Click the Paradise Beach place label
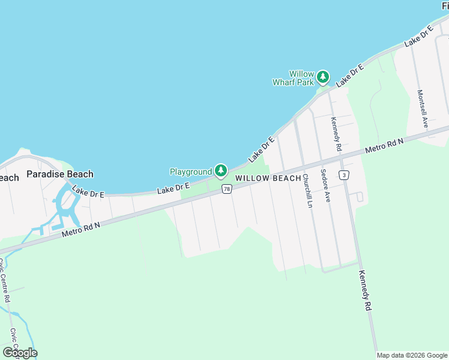click(60, 175)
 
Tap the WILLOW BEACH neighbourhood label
click(268, 178)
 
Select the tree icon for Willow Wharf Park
click(323, 77)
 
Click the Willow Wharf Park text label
click(294, 78)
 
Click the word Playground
click(191, 172)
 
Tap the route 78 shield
click(226, 189)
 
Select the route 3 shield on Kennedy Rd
click(343, 175)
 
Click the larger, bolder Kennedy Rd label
click(366, 290)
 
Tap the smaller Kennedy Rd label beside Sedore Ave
click(337, 133)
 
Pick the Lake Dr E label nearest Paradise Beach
click(88, 192)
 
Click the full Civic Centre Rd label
click(6, 280)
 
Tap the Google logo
click(20, 352)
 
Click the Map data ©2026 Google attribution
click(411, 355)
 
